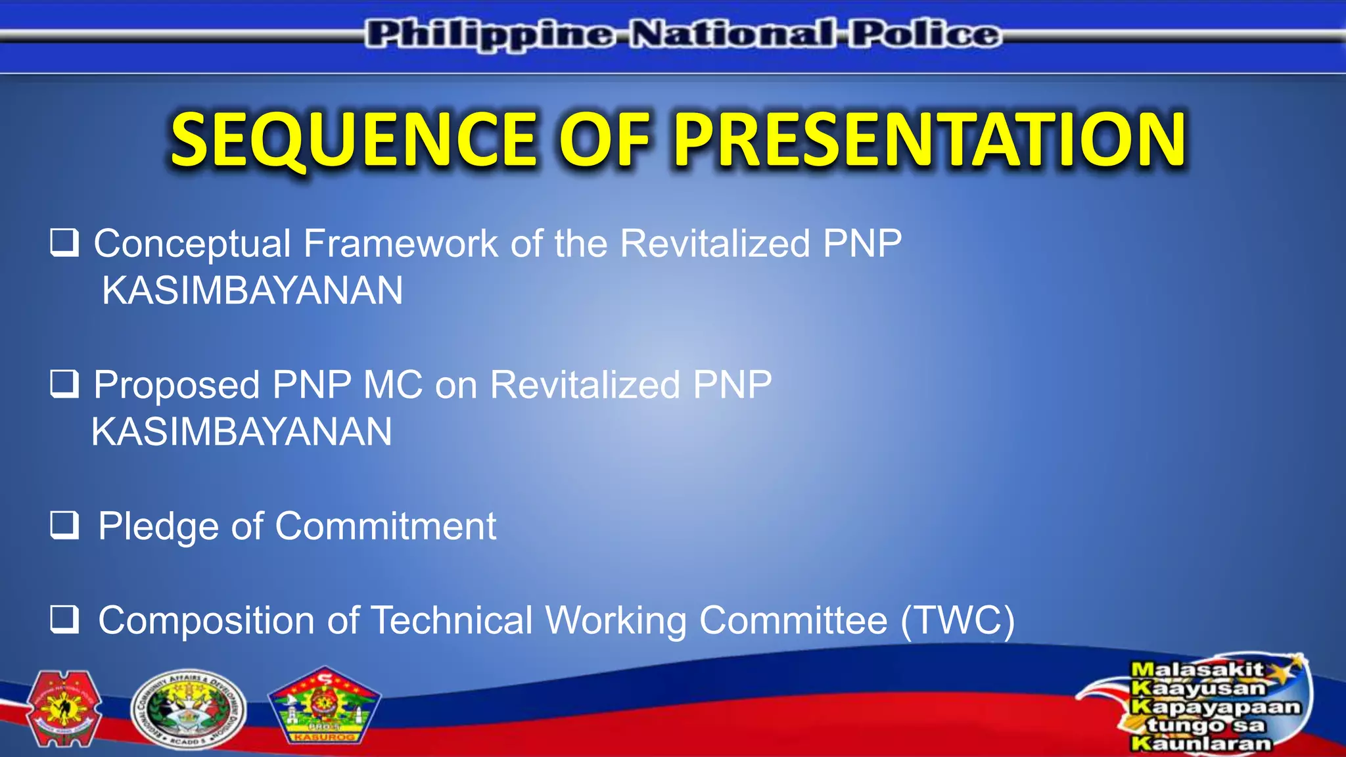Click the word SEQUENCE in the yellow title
[x=354, y=140]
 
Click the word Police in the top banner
[x=925, y=34]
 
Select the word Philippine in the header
[x=490, y=34]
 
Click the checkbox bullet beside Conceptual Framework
[x=64, y=243]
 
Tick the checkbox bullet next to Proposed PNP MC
[x=64, y=384]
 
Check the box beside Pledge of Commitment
[x=64, y=526]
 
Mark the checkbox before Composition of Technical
[x=64, y=620]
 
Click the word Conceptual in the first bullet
[x=192, y=244]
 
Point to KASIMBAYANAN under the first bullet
[x=252, y=291]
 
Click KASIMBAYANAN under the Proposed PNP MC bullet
[x=241, y=432]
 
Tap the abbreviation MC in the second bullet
[x=392, y=385]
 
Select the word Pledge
[x=158, y=527]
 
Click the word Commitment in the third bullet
[x=385, y=527]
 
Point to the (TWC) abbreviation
[x=957, y=621]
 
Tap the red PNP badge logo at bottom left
[x=64, y=708]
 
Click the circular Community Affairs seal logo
[x=188, y=710]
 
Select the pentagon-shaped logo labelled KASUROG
[x=324, y=706]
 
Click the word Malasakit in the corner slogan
[x=1196, y=670]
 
